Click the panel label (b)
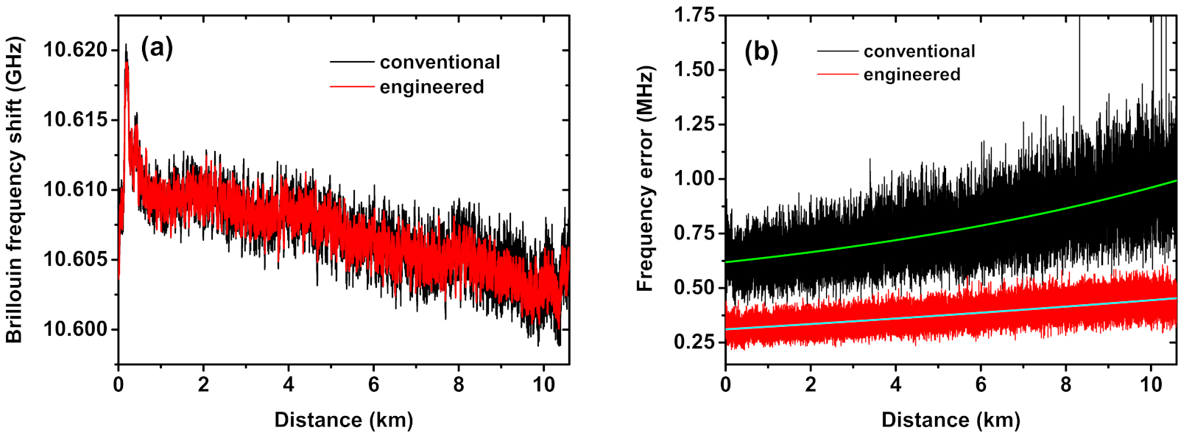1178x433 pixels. [761, 52]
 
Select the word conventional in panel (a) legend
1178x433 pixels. [440, 63]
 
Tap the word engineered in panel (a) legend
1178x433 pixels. [431, 87]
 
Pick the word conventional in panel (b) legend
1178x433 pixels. [919, 52]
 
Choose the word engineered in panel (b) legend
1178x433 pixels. [911, 74]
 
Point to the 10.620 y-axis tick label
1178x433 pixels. [75, 50]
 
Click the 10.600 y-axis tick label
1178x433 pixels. [75, 329]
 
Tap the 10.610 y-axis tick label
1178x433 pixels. [75, 190]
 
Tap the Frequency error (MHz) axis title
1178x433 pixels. [645, 179]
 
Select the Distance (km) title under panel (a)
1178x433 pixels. [343, 420]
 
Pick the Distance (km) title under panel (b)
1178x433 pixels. [950, 420]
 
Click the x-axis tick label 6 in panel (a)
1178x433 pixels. [373, 384]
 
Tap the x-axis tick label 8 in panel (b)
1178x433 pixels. [1066, 384]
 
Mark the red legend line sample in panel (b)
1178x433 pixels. [837, 74]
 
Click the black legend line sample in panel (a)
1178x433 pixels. [352, 63]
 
